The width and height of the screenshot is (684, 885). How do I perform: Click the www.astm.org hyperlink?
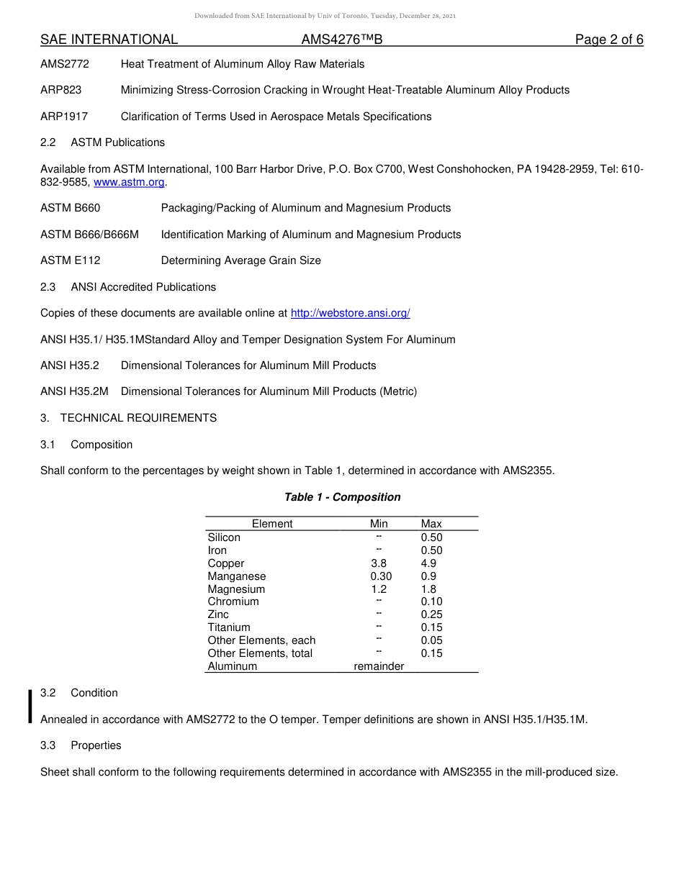point(129,182)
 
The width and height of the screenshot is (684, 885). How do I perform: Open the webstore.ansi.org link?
point(350,313)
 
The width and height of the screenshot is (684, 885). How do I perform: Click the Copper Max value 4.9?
point(428,563)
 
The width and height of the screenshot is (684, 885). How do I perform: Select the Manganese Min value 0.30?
point(381,576)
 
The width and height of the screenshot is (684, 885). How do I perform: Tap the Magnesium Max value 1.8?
point(428,589)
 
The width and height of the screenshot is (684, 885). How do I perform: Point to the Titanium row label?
point(229,627)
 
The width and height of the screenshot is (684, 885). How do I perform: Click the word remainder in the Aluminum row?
point(379,666)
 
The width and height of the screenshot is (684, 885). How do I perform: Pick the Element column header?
point(272,524)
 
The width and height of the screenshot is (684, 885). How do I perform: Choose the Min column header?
point(379,524)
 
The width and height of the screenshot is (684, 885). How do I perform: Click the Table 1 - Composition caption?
point(342,497)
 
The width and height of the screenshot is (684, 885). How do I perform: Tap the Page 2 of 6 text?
point(609,40)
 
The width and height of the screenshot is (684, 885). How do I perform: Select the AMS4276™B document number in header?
point(342,40)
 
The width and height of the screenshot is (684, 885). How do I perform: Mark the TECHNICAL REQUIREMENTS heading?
point(138,418)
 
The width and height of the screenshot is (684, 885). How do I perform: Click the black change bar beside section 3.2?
point(30,705)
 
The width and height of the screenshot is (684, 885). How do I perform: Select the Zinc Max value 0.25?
point(431,614)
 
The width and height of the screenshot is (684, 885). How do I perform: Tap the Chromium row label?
point(233,602)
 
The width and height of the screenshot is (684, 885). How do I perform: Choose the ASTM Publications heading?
point(117,142)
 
